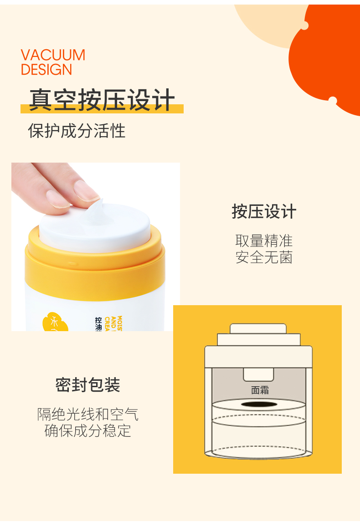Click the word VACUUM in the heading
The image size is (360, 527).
click(x=53, y=55)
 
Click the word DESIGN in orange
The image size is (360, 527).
click(x=46, y=70)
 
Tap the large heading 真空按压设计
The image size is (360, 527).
click(x=102, y=100)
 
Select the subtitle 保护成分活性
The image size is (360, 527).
click(x=77, y=131)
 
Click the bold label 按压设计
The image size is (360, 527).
click(x=264, y=212)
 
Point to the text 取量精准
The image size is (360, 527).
click(x=264, y=240)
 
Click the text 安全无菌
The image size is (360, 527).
click(x=264, y=257)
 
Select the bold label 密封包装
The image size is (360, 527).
click(x=88, y=385)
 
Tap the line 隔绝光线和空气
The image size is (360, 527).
click(x=88, y=414)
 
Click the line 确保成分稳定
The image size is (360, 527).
click(x=88, y=430)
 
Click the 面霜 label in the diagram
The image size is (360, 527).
click(x=260, y=390)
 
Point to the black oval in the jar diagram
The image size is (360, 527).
click(x=258, y=404)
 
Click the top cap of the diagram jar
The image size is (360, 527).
click(x=258, y=328)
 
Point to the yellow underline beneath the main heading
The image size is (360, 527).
click(x=102, y=110)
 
